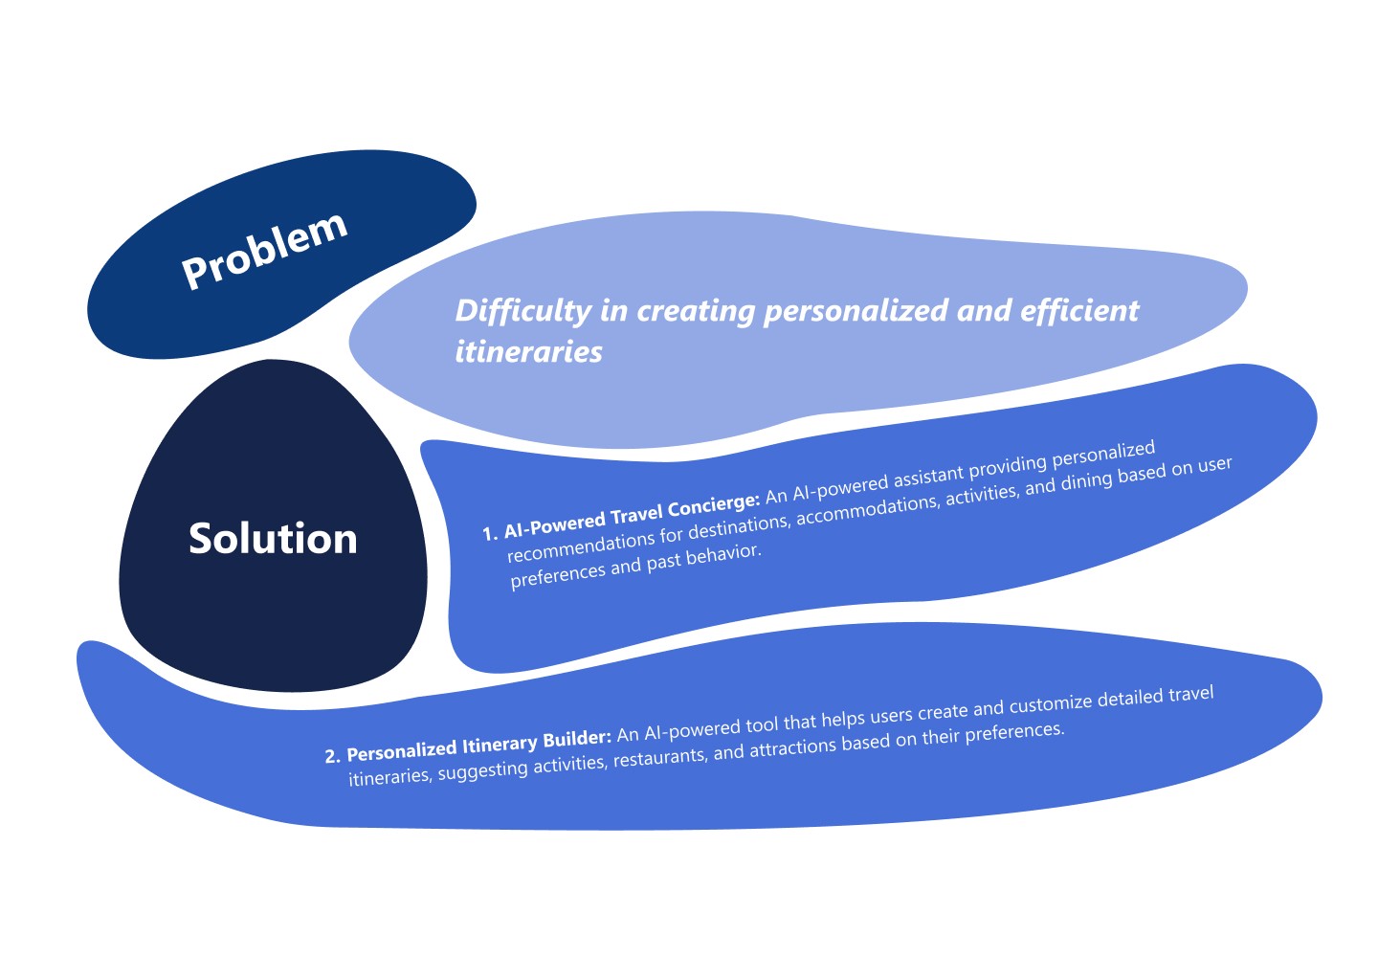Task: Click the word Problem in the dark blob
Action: (264, 251)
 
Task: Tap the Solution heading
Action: (273, 538)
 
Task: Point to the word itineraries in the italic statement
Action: (528, 352)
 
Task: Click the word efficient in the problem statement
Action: (1079, 310)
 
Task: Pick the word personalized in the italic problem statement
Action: (856, 312)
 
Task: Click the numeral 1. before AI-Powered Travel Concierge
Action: (490, 533)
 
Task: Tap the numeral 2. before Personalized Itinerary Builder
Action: (332, 756)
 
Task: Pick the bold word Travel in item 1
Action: (636, 518)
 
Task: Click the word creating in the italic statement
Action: (696, 312)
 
